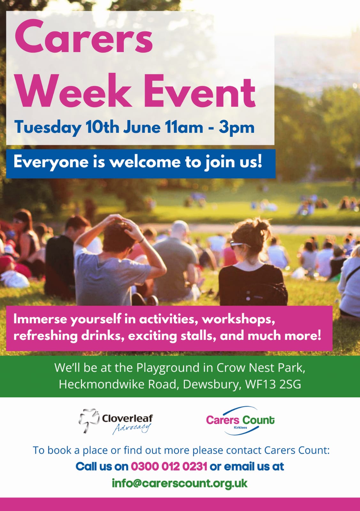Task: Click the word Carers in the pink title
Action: click(83, 37)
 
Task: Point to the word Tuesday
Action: click(48, 128)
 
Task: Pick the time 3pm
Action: click(237, 128)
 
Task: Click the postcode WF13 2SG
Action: click(273, 384)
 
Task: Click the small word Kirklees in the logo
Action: click(240, 428)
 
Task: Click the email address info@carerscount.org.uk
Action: click(180, 484)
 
